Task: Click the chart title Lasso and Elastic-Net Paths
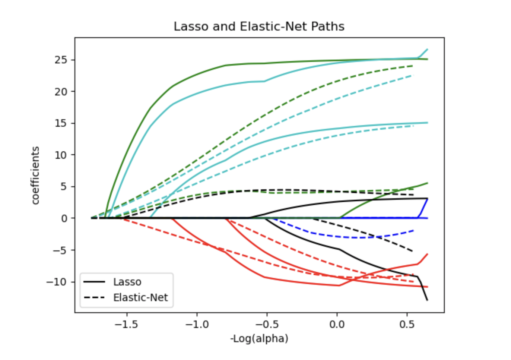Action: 259,26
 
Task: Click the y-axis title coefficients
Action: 35,176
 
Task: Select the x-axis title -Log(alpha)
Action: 259,338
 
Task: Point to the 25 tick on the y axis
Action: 60,60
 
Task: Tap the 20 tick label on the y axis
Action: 60,91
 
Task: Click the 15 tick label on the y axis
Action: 60,123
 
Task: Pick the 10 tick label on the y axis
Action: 60,155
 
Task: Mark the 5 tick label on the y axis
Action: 63,186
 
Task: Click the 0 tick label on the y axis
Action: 63,218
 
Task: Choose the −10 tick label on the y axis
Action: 56,282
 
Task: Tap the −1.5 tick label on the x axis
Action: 126,325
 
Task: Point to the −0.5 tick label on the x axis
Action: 267,325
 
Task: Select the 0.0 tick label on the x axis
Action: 337,325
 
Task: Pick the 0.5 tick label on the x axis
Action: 407,325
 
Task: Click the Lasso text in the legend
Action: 127,282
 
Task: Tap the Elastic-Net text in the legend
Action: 140,297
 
